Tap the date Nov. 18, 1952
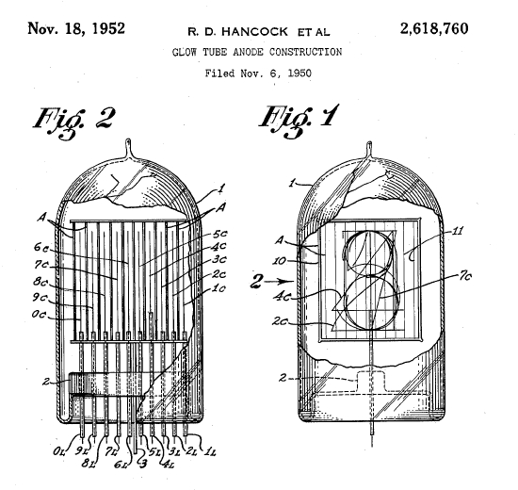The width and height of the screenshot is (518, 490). pos(78,27)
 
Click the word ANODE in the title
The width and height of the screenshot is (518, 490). pos(246,51)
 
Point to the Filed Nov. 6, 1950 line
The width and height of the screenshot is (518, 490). pos(258,73)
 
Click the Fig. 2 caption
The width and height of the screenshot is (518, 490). pos(79,120)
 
